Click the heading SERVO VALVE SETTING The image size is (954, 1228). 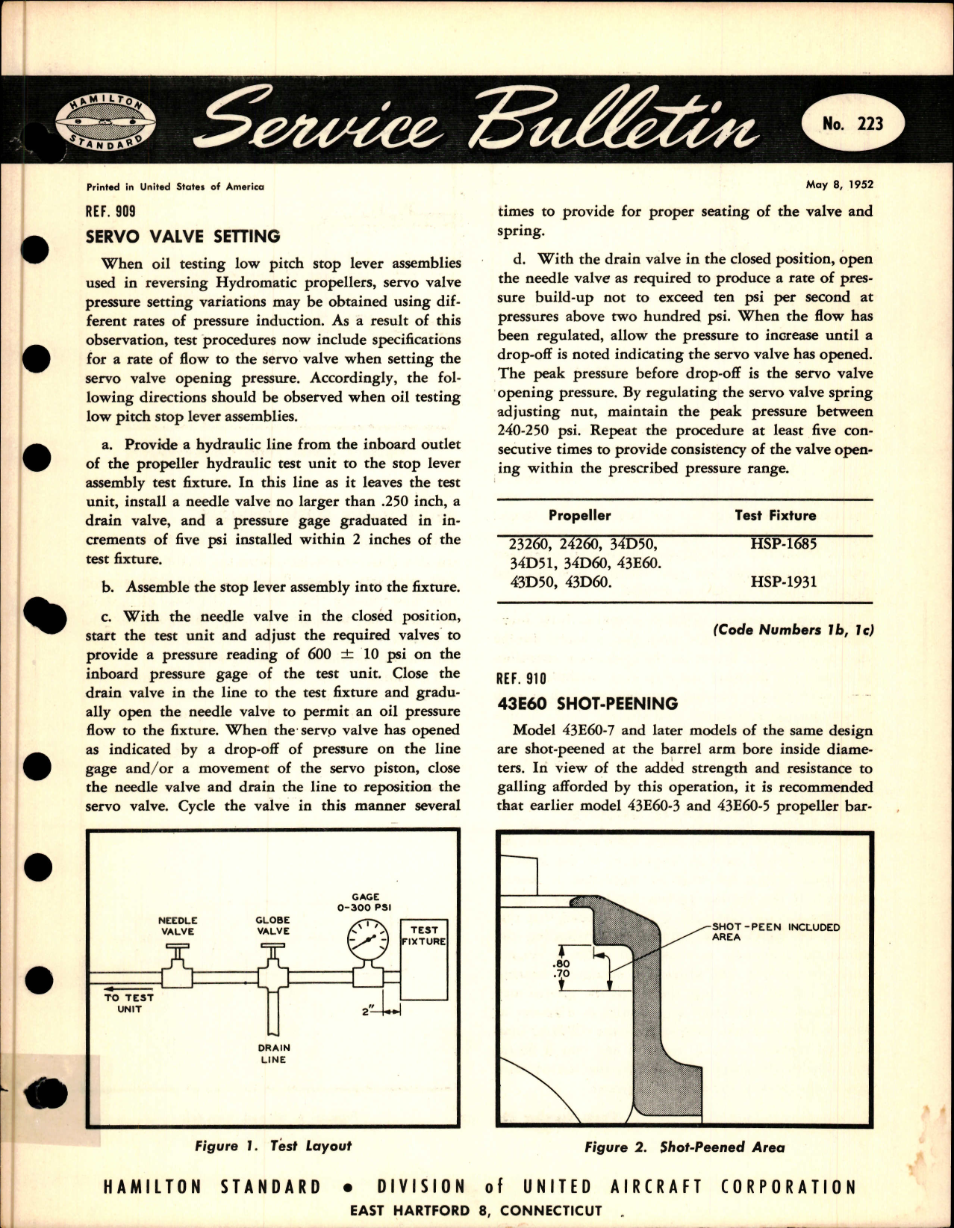coord(184,237)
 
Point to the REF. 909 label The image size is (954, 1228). coord(111,211)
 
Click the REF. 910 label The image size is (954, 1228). coord(521,679)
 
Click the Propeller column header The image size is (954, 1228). coord(579,515)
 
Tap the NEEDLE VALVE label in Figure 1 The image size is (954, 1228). coord(177,926)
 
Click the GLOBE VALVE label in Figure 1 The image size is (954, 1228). coord(272,926)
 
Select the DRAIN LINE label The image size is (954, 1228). coord(273,1053)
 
